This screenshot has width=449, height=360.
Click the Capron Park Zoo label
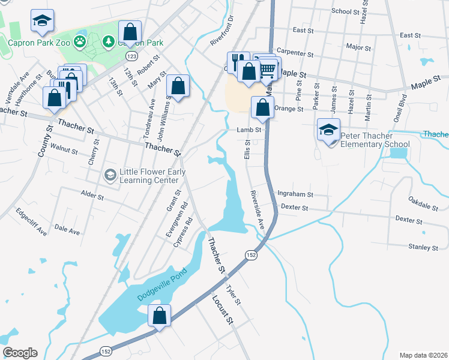39,42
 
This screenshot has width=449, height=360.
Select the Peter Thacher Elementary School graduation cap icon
329,130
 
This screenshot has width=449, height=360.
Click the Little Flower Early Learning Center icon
110,175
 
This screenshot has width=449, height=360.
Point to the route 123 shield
130,55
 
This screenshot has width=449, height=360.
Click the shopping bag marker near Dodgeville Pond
160,316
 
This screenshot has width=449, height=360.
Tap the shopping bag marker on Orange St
262,109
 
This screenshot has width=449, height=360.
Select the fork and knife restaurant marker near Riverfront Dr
238,61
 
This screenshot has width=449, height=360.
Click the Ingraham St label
295,194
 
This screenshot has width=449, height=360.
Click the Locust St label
221,308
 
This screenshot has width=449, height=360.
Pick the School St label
349,11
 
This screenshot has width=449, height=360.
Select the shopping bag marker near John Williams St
178,86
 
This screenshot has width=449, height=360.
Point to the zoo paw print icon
79,41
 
